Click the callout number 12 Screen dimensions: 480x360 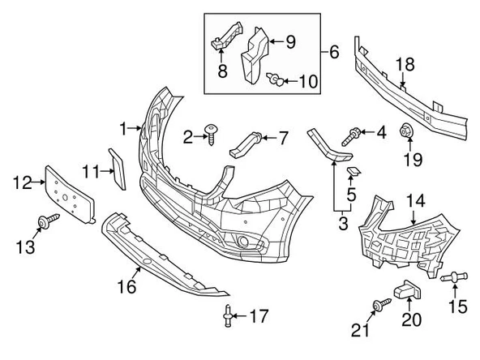[23, 182]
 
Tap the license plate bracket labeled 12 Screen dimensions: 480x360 [70, 195]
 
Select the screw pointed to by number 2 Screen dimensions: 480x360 [212, 135]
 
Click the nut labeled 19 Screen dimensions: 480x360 [406, 131]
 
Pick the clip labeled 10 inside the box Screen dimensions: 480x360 [276, 79]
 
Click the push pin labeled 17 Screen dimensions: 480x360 [228, 315]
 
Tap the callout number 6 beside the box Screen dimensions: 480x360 [334, 52]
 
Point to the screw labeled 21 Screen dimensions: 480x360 [382, 305]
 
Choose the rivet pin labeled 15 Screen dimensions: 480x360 [454, 277]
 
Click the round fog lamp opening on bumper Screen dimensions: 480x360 [244, 242]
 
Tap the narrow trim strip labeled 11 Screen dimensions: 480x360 [118, 169]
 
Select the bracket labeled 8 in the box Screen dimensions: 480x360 [227, 35]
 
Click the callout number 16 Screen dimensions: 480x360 [126, 286]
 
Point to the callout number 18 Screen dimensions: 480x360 [405, 65]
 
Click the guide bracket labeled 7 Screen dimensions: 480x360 [246, 144]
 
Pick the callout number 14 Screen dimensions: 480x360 [416, 200]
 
